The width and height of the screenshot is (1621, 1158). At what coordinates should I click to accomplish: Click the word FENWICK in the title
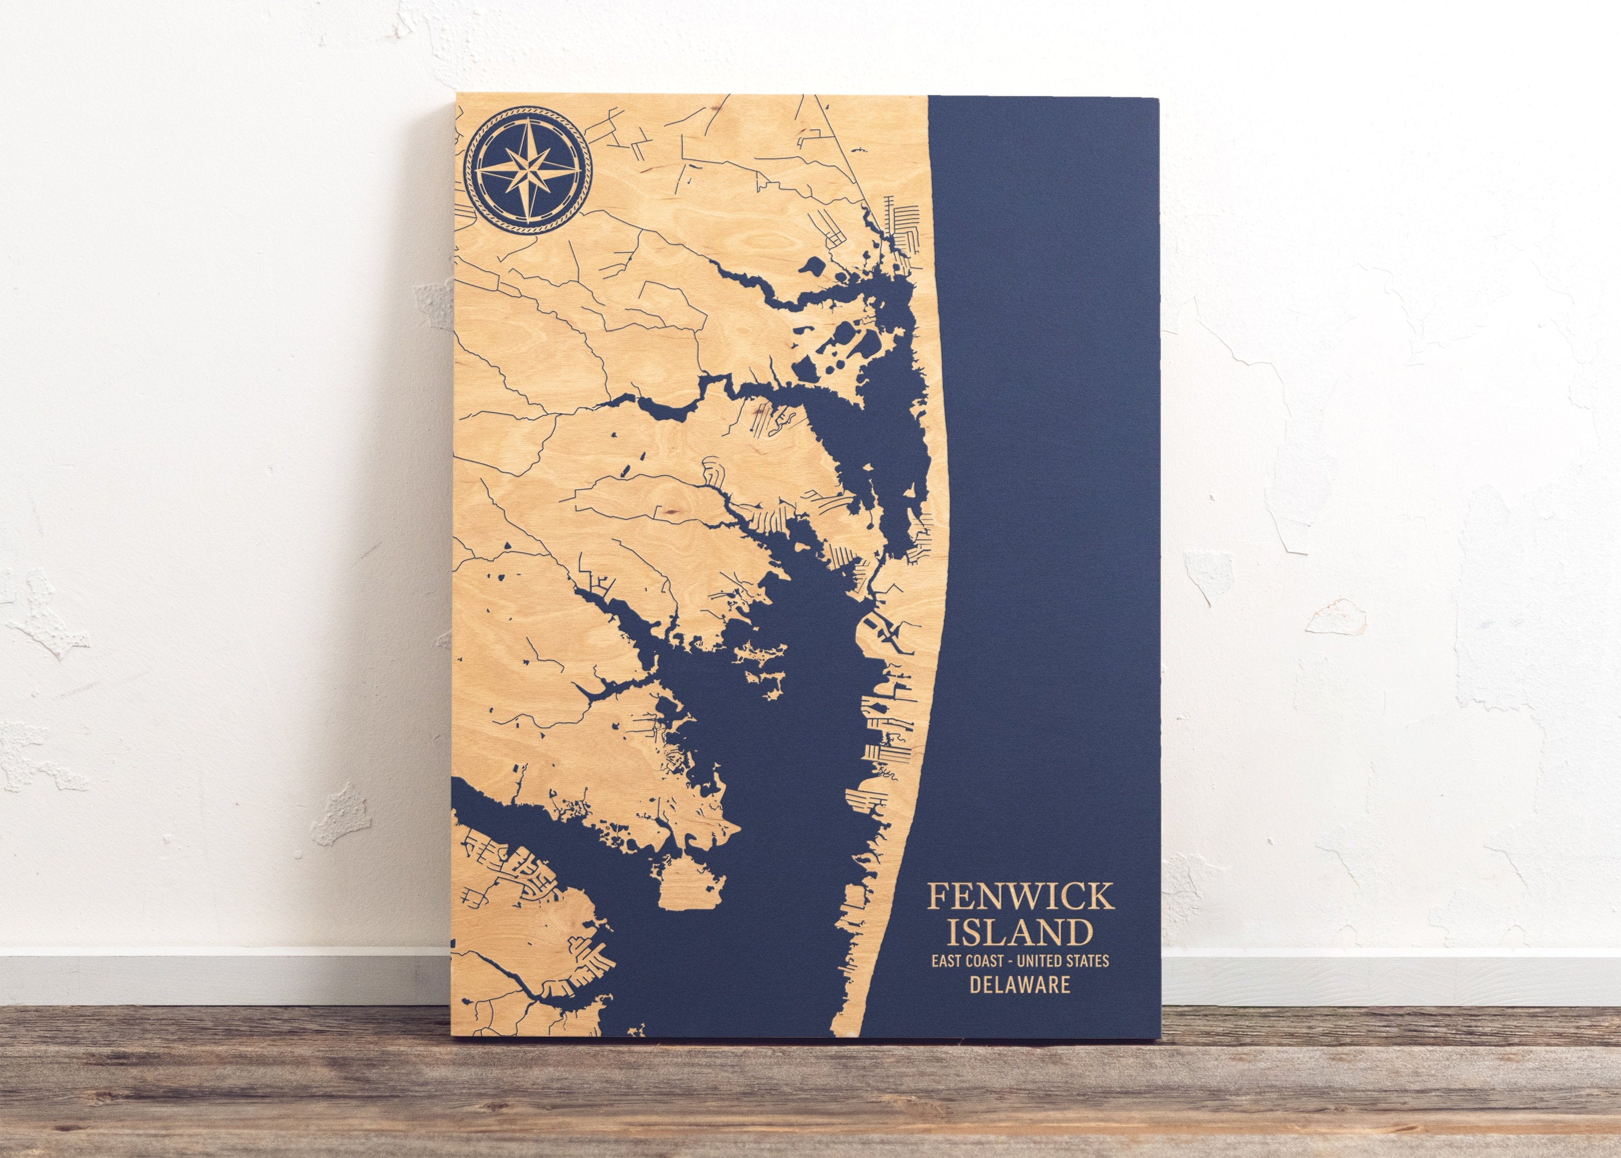pos(1019,896)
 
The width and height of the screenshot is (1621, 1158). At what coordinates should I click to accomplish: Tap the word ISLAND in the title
pos(1019,933)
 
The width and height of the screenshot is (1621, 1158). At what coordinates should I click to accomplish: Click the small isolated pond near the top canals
pos(810,269)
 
